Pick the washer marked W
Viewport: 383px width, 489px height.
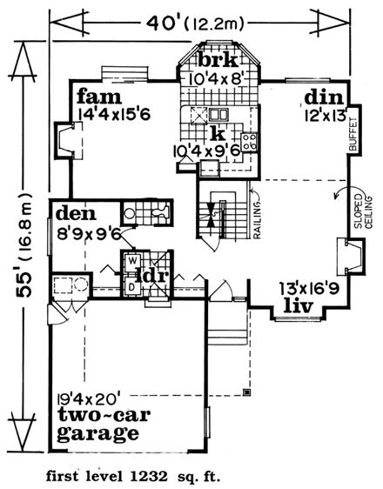tap(131, 259)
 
